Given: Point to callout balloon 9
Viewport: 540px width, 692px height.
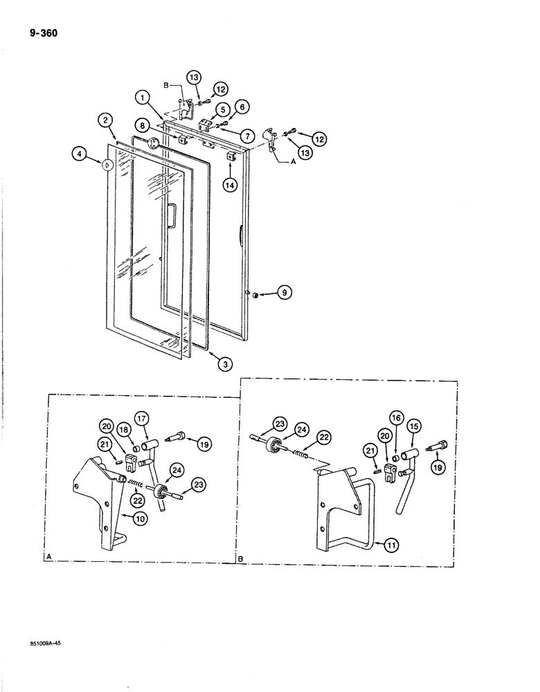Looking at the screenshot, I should click(282, 294).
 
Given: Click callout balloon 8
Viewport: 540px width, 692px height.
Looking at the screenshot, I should click(141, 126).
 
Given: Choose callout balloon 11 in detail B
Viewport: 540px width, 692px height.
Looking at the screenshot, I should click(390, 546).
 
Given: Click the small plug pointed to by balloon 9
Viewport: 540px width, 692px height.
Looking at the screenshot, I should click(255, 294).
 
